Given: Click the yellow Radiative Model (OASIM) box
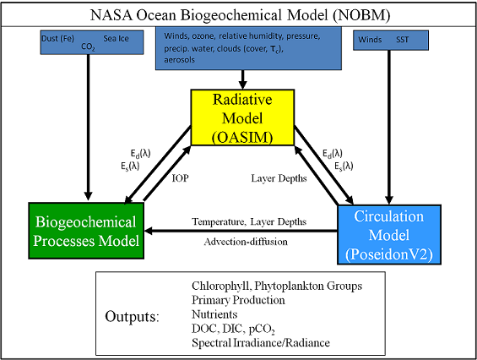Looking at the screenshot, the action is click(242, 117).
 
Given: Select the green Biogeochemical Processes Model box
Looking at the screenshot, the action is click(86, 231).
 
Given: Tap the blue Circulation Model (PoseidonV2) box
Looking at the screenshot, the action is click(389, 235).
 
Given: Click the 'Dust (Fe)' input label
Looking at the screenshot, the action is click(57, 39).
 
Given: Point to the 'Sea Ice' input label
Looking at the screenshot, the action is click(116, 39).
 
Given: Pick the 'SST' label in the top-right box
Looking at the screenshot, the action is click(402, 40).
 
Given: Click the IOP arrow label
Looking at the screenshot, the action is click(180, 178).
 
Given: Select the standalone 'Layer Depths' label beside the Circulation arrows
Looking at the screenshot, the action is click(279, 178).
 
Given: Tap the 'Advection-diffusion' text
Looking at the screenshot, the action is click(246, 242).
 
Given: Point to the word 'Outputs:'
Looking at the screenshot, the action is click(132, 317).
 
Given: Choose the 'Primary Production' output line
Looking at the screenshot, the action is click(238, 300).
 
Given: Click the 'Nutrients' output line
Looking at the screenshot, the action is click(214, 314).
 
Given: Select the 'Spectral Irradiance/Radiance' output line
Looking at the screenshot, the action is click(261, 343).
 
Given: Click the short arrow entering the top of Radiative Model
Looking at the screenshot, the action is click(242, 79).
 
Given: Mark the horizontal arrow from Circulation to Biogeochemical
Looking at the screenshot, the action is click(241, 232).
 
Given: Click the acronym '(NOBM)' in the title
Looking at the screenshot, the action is click(361, 15).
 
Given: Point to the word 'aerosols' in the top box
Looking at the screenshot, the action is click(179, 60).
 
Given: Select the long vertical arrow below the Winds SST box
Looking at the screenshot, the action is click(389, 128).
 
